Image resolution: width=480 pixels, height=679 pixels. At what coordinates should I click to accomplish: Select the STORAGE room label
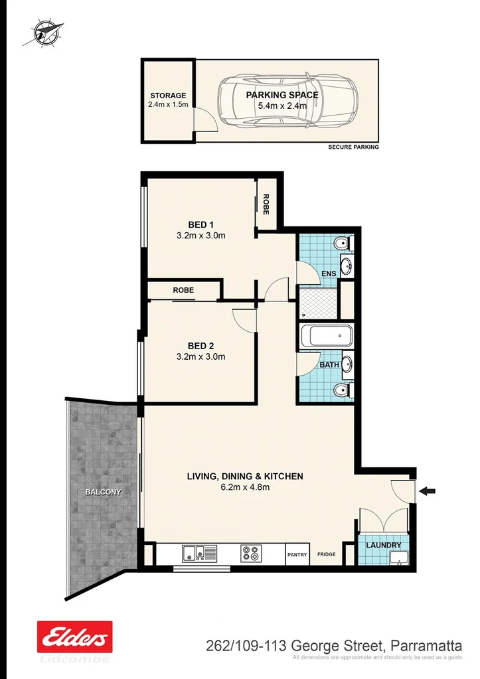pyautogui.click(x=168, y=96)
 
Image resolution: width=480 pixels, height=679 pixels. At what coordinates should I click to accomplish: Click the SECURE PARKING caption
pyautogui.click(x=353, y=147)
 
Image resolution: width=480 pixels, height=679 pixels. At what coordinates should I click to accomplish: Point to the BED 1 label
pyautogui.click(x=201, y=224)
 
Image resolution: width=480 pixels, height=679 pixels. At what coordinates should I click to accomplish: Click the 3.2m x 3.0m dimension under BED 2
pyautogui.click(x=201, y=356)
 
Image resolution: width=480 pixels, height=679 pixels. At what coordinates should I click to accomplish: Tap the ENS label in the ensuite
pyautogui.click(x=329, y=273)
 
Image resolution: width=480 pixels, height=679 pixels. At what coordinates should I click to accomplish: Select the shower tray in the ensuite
pyautogui.click(x=317, y=302)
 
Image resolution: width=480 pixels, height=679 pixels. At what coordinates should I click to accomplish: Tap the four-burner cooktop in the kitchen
pyautogui.click(x=251, y=553)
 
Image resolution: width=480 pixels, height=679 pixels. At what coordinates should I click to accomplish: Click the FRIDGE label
pyautogui.click(x=326, y=554)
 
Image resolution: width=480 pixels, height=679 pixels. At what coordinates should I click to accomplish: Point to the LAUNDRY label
pyautogui.click(x=388, y=546)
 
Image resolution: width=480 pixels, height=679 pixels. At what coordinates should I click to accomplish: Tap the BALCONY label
pyautogui.click(x=103, y=492)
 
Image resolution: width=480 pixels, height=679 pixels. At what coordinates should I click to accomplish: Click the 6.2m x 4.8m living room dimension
pyautogui.click(x=244, y=487)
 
